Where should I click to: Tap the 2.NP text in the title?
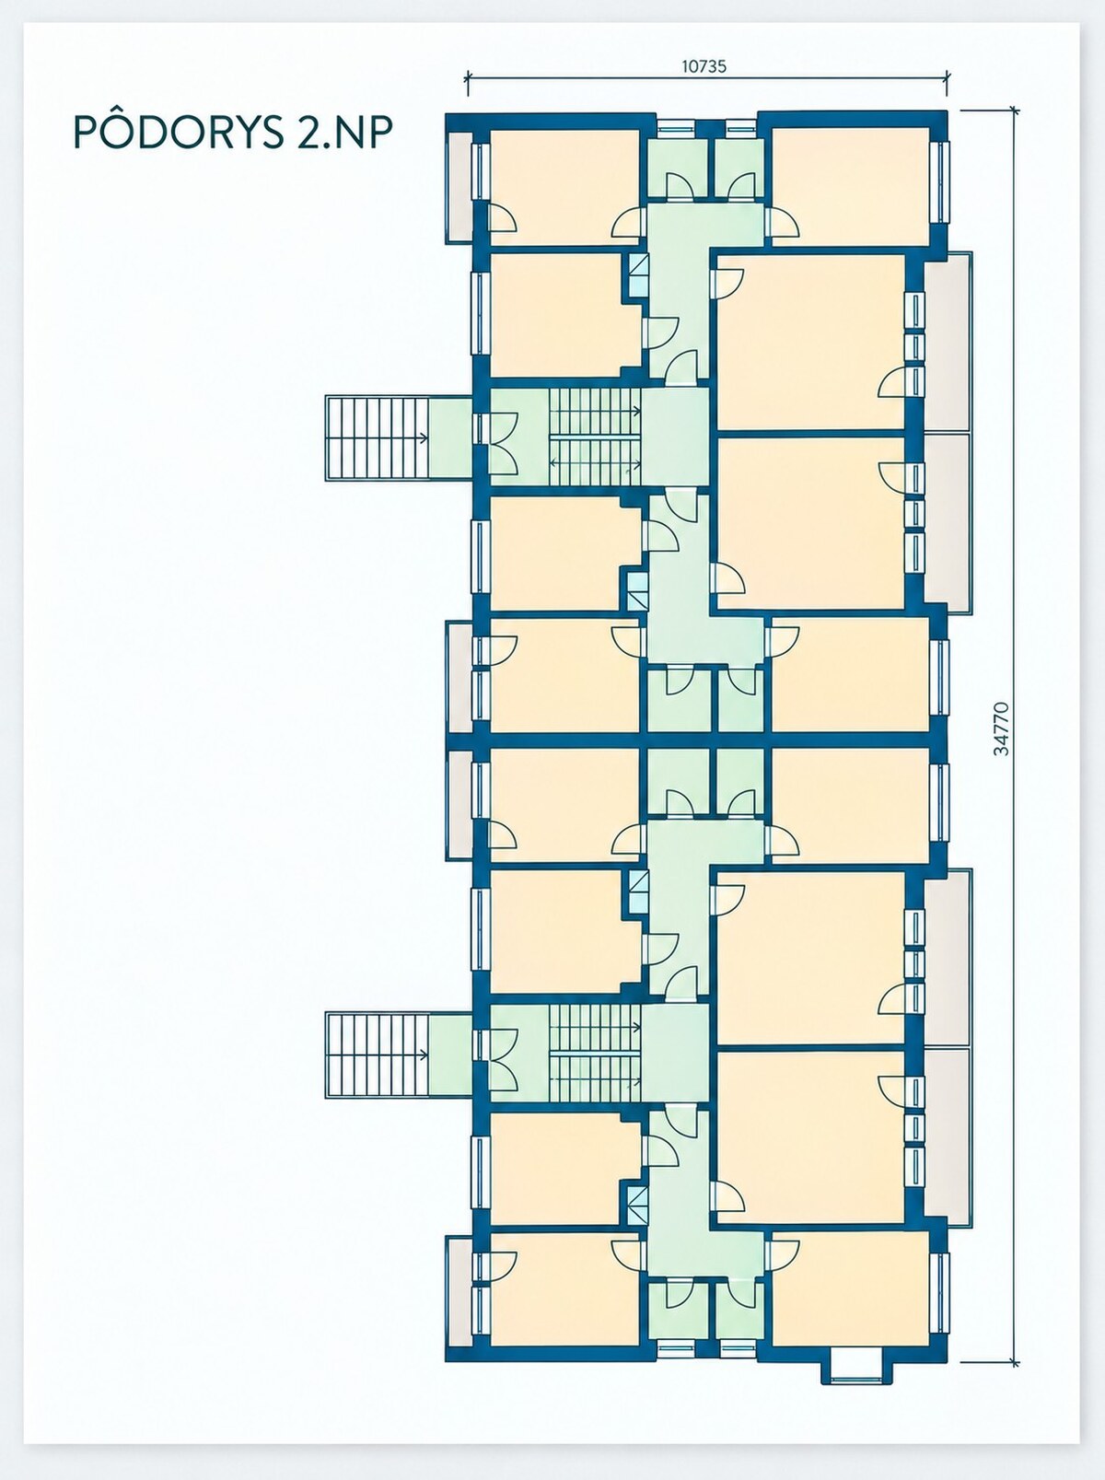tap(343, 133)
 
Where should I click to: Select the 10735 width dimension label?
tap(704, 66)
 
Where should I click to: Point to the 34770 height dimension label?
tap(1002, 728)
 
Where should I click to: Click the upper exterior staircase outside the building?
tap(378, 437)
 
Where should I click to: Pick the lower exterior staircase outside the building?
tap(378, 1055)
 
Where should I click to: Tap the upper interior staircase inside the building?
tap(595, 437)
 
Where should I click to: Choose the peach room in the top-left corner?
tap(564, 187)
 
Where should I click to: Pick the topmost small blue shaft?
tap(638, 275)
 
